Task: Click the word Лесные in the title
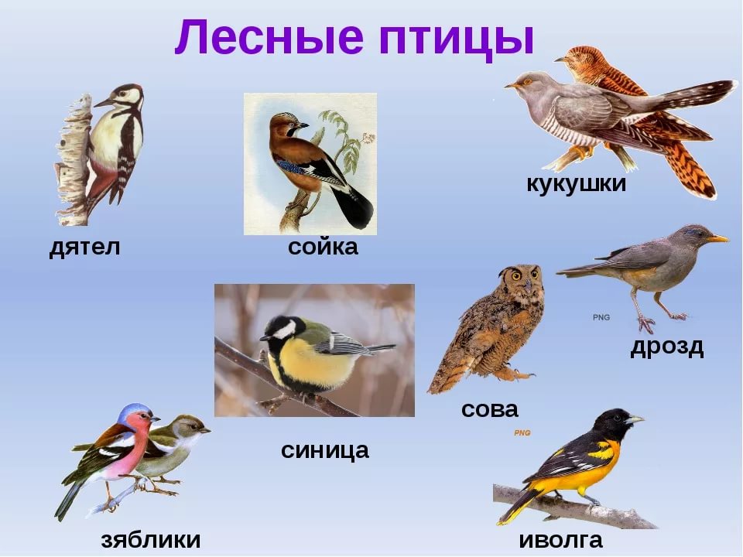pos(269,37)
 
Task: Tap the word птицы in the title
pos(457,39)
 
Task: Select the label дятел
pos(85,248)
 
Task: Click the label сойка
pos(323,247)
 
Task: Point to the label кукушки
pos(576,184)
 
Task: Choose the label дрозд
pos(666,347)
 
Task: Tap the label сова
pos(490,409)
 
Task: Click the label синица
pos(324,450)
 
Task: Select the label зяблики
pos(151,539)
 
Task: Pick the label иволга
pos(560,539)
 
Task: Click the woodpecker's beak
pos(104,102)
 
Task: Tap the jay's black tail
pos(353,207)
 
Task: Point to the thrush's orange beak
pos(718,238)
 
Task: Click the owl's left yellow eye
pos(516,275)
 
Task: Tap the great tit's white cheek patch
pos(285,330)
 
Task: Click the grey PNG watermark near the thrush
pos(601,317)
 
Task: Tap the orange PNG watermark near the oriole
pos(522,433)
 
